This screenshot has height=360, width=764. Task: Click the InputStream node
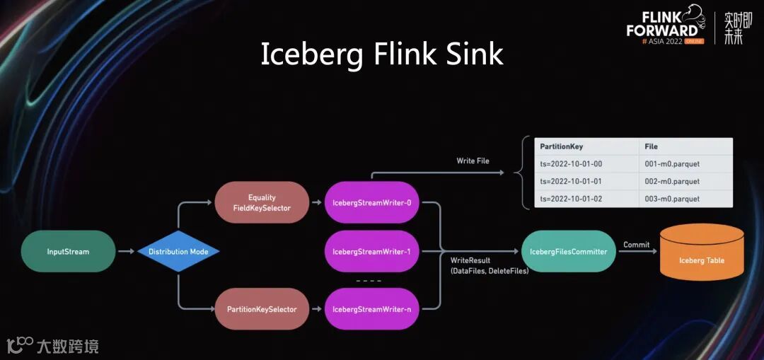click(x=68, y=251)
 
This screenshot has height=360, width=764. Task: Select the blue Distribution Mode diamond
click(x=178, y=252)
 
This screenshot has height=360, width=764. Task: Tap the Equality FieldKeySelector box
click(x=262, y=202)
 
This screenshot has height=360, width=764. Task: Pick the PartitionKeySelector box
click(x=262, y=309)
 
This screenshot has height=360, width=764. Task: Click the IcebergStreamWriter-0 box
click(x=372, y=203)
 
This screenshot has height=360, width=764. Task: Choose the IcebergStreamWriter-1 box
click(x=372, y=251)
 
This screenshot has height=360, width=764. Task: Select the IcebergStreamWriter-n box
click(x=372, y=309)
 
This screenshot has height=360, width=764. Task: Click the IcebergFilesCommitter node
click(x=568, y=251)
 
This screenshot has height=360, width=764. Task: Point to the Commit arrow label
click(x=636, y=245)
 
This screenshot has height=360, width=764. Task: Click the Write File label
click(x=472, y=161)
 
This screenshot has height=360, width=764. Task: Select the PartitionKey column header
click(x=561, y=146)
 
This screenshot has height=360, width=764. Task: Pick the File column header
click(x=651, y=146)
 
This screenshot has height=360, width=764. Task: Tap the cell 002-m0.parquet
click(x=672, y=182)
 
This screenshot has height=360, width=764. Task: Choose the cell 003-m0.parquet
click(x=672, y=199)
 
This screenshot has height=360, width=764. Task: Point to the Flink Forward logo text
click(x=661, y=24)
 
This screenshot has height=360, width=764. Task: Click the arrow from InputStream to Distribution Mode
click(x=127, y=251)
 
